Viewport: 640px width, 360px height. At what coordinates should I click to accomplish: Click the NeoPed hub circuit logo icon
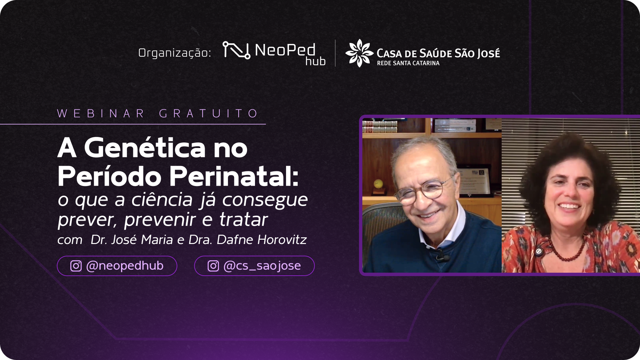(x=236, y=50)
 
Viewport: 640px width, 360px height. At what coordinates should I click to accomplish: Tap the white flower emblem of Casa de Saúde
(x=359, y=53)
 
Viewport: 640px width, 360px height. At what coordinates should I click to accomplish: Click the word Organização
(x=175, y=53)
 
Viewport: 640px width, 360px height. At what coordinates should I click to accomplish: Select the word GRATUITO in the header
(x=208, y=113)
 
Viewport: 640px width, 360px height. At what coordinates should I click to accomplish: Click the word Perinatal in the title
(x=234, y=176)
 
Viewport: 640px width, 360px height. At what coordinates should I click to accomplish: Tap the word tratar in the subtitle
(x=243, y=220)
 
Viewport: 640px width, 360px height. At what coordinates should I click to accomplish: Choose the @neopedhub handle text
(x=125, y=266)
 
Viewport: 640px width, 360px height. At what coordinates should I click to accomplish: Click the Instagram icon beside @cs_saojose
(x=213, y=266)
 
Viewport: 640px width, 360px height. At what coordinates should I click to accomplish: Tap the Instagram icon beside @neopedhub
(x=76, y=266)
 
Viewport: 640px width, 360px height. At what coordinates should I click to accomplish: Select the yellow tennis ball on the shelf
(x=378, y=184)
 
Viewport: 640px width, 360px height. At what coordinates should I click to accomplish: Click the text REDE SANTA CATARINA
(x=408, y=63)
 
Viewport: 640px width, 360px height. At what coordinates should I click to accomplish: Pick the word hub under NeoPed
(x=315, y=61)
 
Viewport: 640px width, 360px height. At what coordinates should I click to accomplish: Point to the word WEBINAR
(x=101, y=113)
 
